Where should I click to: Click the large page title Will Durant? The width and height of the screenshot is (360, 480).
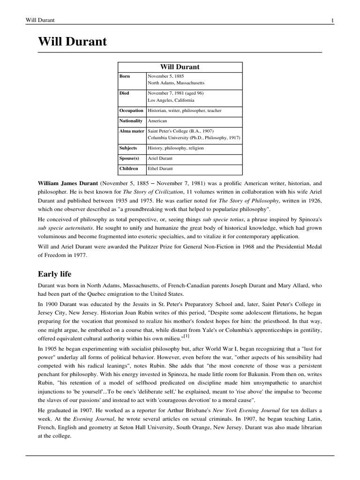click(x=73, y=42)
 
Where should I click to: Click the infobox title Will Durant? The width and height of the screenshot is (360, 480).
click(x=180, y=67)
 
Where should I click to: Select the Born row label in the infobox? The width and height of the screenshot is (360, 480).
click(x=125, y=76)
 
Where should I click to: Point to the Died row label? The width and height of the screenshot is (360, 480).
click(x=125, y=93)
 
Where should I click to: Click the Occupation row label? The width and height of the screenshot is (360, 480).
click(x=131, y=111)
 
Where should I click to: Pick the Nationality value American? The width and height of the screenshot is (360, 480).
click(x=157, y=121)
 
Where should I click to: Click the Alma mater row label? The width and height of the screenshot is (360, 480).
click(x=132, y=131)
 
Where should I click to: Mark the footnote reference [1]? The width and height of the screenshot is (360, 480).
click(x=186, y=336)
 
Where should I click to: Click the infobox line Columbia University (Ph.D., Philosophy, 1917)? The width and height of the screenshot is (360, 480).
click(x=194, y=138)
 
